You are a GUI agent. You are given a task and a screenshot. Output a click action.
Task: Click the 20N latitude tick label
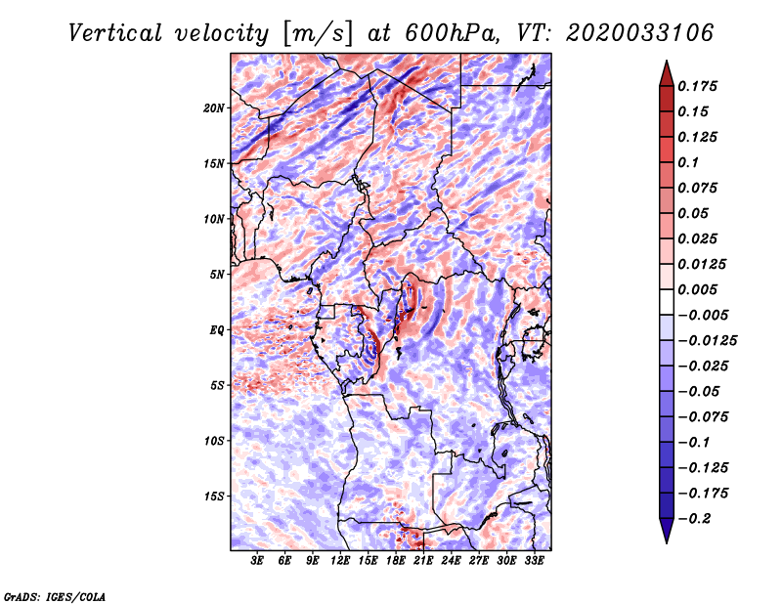click(x=214, y=108)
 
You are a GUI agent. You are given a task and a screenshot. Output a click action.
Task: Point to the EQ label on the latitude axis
click(x=217, y=329)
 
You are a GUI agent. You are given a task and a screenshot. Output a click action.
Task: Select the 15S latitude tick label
click(x=214, y=496)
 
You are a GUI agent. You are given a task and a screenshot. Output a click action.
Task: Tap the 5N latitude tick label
click(x=217, y=274)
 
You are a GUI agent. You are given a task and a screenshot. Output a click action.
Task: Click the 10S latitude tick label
click(x=214, y=440)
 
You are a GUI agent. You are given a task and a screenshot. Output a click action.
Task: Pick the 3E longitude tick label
click(x=258, y=562)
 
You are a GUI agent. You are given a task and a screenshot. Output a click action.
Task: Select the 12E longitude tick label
click(x=341, y=562)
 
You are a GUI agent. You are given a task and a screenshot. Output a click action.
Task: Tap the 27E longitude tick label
click(x=479, y=562)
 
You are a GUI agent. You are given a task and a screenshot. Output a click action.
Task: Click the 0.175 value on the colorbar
click(x=700, y=86)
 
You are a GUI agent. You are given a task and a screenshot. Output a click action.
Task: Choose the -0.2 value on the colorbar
click(x=697, y=518)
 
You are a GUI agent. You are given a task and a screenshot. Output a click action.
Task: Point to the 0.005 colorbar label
click(x=700, y=289)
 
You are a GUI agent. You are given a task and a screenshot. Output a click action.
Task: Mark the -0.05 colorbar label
click(x=700, y=391)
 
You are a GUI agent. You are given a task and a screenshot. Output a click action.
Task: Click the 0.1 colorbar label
click(x=692, y=162)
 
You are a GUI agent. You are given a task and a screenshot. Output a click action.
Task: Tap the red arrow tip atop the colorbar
click(x=666, y=66)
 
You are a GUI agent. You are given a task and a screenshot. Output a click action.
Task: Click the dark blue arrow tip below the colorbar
click(x=666, y=537)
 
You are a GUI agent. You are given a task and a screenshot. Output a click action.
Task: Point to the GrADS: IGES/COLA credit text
click(x=55, y=595)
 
